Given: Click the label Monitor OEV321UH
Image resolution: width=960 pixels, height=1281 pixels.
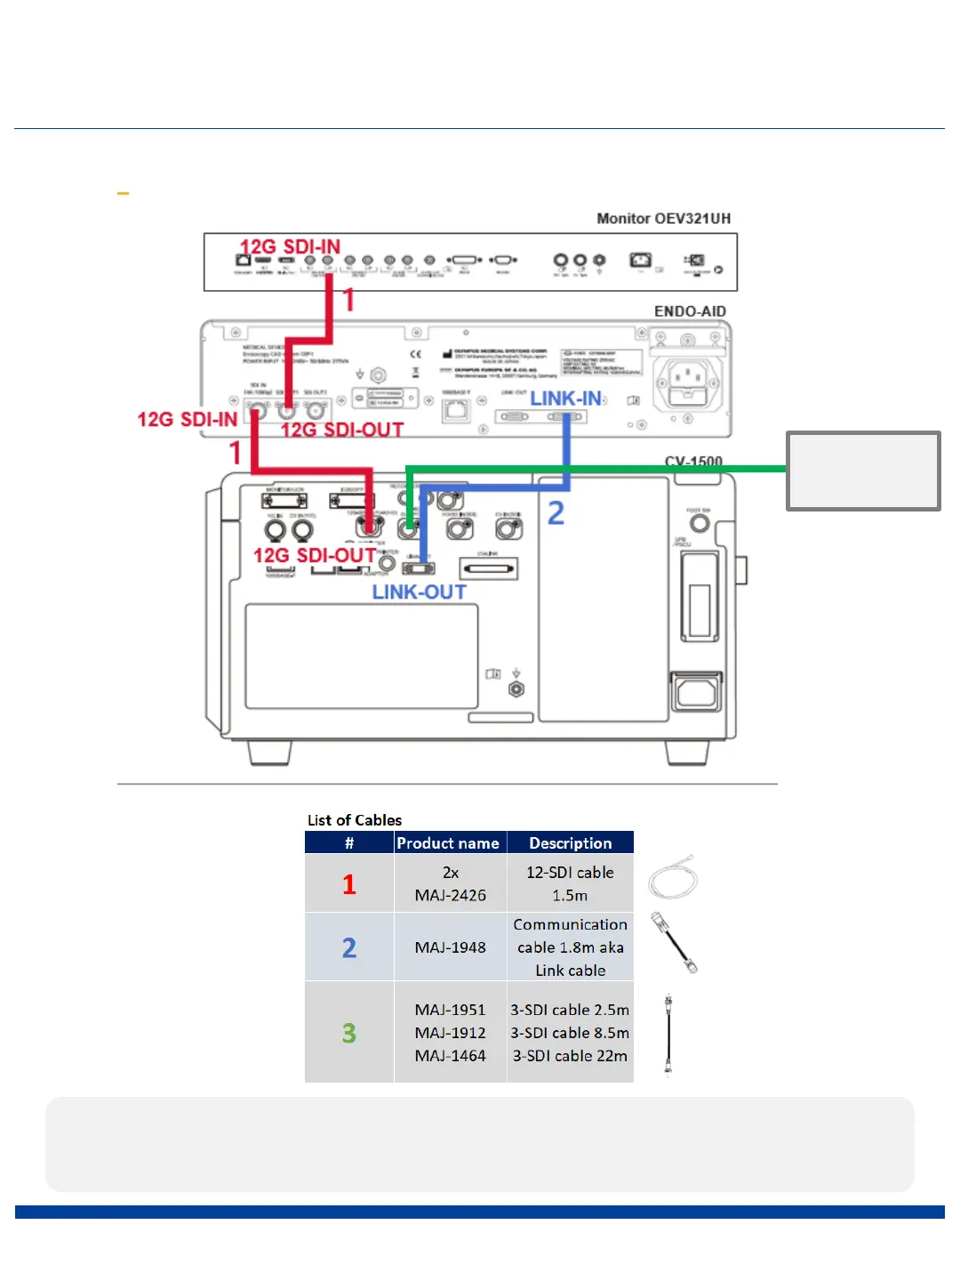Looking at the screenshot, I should [663, 219].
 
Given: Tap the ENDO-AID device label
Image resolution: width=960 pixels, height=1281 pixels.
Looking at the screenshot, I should [690, 311].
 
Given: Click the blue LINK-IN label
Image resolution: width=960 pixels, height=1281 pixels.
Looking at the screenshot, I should [566, 399].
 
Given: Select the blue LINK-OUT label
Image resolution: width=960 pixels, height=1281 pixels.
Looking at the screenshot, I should [419, 592].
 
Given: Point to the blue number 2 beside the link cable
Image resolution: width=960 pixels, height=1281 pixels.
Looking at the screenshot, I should [556, 513].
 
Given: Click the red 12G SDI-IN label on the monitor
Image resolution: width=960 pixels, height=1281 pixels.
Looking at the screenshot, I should [290, 246].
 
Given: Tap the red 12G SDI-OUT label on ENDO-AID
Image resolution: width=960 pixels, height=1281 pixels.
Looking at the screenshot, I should [342, 430].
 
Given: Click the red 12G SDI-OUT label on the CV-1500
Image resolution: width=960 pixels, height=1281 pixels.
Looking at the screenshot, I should [314, 556].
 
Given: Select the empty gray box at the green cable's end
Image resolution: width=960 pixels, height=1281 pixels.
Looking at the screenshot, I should [863, 471].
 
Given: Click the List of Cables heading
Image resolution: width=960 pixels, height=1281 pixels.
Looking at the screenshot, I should [355, 820].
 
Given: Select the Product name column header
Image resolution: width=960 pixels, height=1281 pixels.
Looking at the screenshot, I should [448, 843].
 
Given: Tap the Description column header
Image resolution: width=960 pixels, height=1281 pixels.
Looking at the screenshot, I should [570, 843].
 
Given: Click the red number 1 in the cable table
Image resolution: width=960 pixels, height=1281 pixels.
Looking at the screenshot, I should [349, 884].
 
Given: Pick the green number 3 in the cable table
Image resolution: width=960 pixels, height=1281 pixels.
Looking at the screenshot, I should [349, 1033].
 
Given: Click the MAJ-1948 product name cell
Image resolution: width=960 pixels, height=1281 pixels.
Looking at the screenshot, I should [450, 947].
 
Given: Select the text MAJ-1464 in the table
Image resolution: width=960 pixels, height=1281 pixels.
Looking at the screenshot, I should [450, 1056].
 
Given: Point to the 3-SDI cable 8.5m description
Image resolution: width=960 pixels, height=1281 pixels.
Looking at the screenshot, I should [570, 1033].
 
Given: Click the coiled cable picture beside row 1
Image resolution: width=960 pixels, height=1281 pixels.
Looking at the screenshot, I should [673, 878].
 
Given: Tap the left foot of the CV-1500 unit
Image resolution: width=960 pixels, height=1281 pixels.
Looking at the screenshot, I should [269, 753].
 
